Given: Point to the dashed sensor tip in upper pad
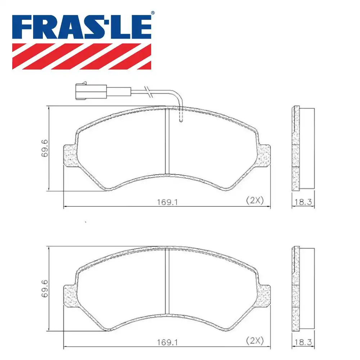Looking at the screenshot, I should pyautogui.click(x=181, y=116).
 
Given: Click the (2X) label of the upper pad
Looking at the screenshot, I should pyautogui.click(x=255, y=201).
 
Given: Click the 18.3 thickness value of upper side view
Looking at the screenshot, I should pyautogui.click(x=303, y=202).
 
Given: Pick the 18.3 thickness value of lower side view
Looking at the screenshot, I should pyautogui.click(x=303, y=342).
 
